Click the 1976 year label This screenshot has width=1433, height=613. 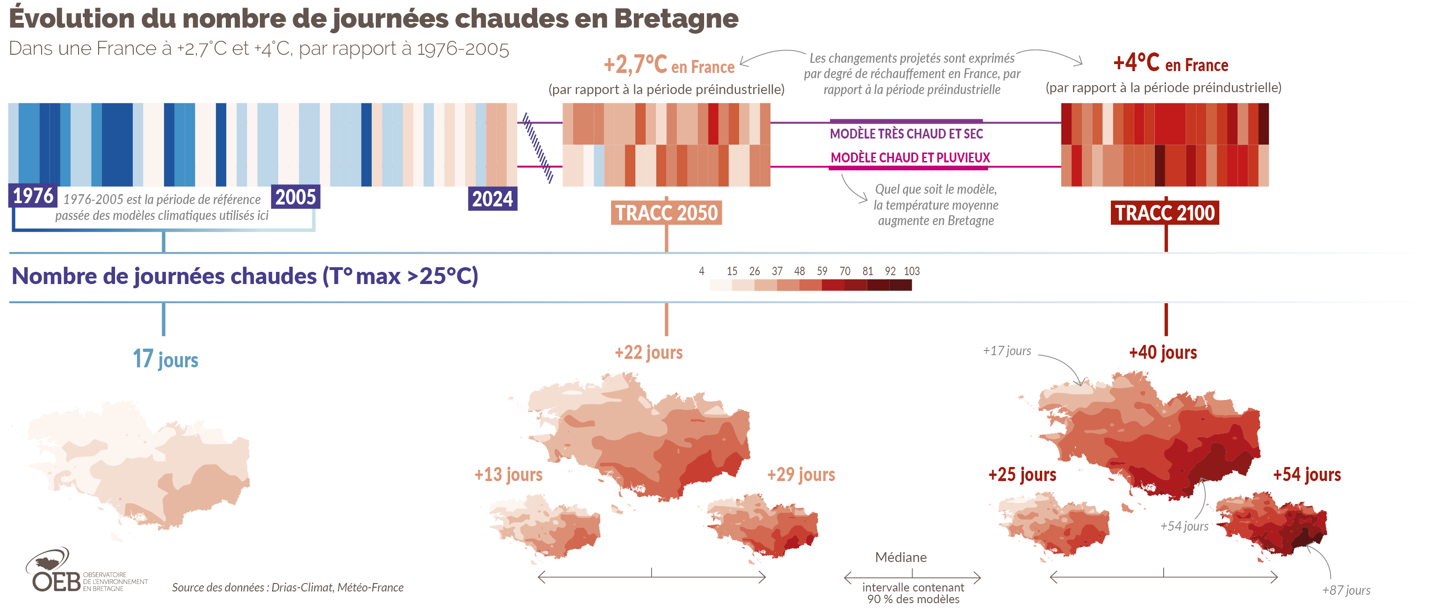(33, 196)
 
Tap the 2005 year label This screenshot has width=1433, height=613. (295, 197)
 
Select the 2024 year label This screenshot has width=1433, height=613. (492, 199)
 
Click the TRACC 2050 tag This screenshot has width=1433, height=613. (666, 213)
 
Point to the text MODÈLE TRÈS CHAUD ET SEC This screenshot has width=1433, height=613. (906, 134)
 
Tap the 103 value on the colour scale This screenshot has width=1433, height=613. (911, 271)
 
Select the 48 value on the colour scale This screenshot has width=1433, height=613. (799, 271)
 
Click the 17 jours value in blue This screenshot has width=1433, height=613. (165, 359)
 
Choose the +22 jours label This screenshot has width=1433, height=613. (648, 352)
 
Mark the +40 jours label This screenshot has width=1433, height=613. (1163, 352)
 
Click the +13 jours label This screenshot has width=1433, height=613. (508, 474)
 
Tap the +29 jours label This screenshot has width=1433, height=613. (800, 474)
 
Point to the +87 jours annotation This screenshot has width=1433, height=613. (1346, 590)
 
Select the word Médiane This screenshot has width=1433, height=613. (900, 557)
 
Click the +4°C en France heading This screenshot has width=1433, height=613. (1170, 64)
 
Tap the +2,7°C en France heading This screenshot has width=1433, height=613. (669, 65)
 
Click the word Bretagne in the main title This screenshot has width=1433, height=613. (676, 18)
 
